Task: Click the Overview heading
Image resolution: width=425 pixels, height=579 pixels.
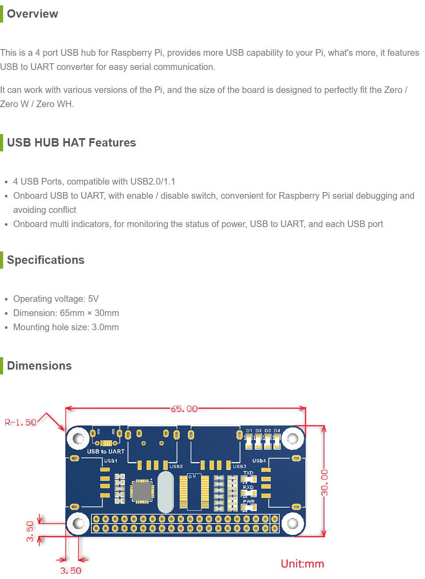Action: [x=32, y=14]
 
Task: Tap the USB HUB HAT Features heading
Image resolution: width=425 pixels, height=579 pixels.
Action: [x=71, y=143]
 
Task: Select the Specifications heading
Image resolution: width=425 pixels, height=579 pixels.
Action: [x=46, y=260]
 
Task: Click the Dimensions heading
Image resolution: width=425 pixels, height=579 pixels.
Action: [x=39, y=366]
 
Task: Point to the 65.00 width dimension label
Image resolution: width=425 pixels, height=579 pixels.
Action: [x=184, y=409]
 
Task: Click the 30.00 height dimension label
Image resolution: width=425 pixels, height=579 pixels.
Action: [x=325, y=482]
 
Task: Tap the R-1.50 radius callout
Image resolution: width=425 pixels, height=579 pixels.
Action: [x=20, y=422]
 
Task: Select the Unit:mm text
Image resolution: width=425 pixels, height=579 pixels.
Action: [x=302, y=564]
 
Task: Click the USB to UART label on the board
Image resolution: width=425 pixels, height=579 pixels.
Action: [x=106, y=452]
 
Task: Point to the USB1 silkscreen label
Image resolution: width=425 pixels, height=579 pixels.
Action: [x=111, y=461]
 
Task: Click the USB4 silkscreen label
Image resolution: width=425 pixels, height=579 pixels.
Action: [x=259, y=461]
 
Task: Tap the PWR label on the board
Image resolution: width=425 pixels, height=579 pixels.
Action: [x=249, y=502]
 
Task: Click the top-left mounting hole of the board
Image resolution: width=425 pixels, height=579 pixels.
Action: [x=78, y=439]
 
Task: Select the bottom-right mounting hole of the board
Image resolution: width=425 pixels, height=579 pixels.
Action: [x=293, y=524]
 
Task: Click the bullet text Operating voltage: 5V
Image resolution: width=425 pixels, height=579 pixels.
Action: [x=56, y=299]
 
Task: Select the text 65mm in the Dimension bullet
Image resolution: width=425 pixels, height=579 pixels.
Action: [x=72, y=313]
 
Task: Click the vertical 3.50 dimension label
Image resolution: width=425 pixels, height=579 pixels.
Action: [x=30, y=531]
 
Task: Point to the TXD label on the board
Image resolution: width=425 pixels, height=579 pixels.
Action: [x=248, y=473]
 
